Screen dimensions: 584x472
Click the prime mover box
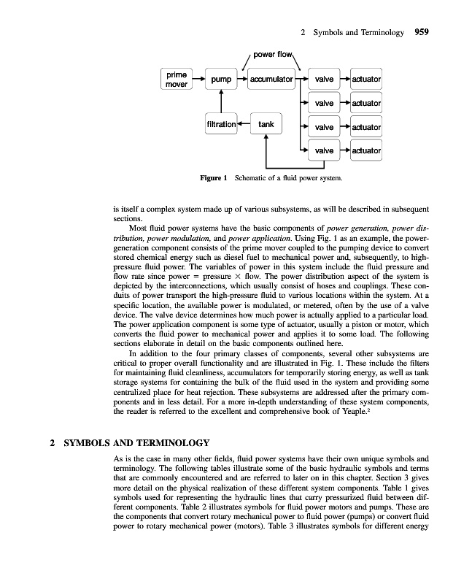click(176, 79)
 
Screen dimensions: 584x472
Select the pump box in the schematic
click(220, 79)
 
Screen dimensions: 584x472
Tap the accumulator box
click(271, 79)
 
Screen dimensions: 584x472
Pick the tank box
click(266, 125)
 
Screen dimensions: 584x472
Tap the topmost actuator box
click(366, 79)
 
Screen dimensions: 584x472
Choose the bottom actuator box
click(366, 151)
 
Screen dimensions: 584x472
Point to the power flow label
click(272, 54)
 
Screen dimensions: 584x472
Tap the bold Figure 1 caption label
click(214, 177)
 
